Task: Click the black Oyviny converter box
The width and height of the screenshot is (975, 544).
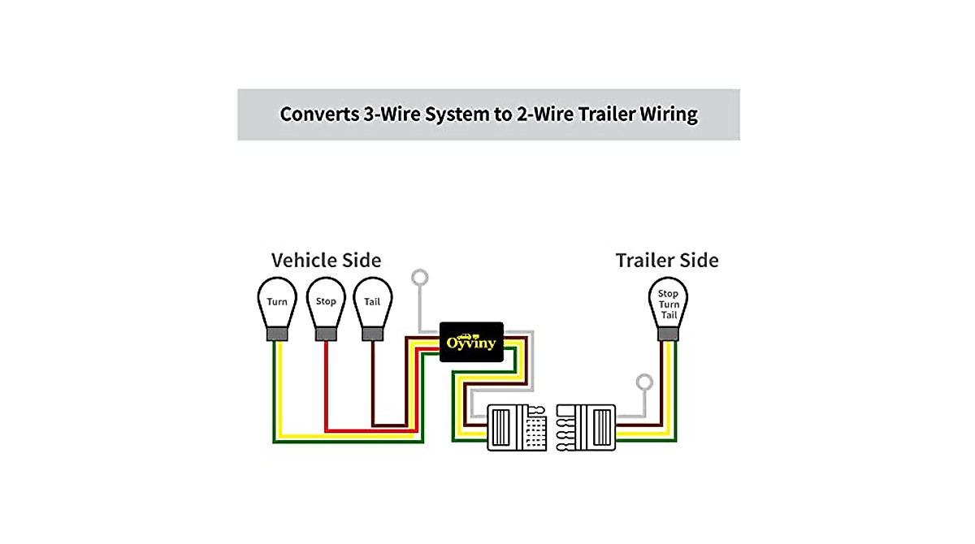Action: pyautogui.click(x=471, y=343)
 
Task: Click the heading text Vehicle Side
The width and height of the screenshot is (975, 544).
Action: pyautogui.click(x=326, y=261)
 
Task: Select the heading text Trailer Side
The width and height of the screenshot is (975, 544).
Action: pyautogui.click(x=667, y=261)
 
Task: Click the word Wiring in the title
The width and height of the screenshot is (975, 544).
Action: pyautogui.click(x=667, y=114)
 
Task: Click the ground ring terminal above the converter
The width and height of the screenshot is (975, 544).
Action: pyautogui.click(x=420, y=278)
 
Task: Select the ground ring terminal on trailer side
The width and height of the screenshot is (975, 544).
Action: pyautogui.click(x=644, y=382)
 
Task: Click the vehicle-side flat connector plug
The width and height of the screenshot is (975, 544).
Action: pyautogui.click(x=516, y=427)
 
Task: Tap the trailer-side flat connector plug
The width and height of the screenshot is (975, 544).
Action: pyautogui.click(x=586, y=427)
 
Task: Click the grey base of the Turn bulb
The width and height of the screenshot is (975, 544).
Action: pyautogui.click(x=277, y=333)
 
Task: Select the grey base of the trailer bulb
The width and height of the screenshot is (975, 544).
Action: pyautogui.click(x=668, y=333)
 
